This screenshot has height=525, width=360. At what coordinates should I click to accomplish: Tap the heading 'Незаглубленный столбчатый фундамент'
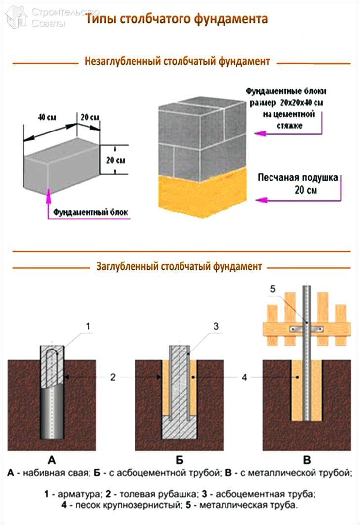pos(177,62)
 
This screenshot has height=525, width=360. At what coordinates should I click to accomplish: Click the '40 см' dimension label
pos(46,118)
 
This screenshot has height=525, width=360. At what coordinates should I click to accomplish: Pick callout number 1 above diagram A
pos(88,326)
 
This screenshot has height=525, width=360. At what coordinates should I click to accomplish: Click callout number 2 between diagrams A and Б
pos(113,377)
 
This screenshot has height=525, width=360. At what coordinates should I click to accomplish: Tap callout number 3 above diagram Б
pos(216,326)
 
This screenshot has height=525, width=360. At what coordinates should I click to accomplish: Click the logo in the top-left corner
pos(16,16)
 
